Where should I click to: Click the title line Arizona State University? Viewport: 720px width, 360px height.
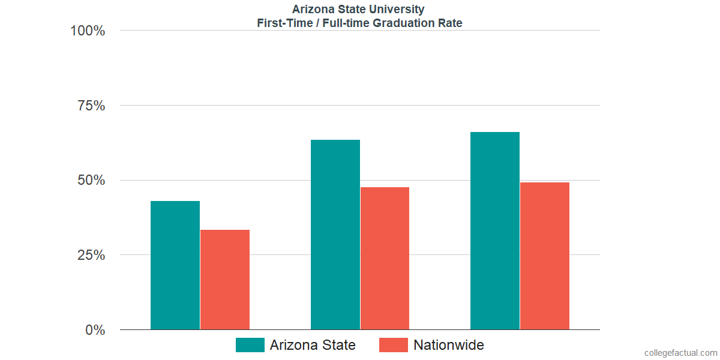358,9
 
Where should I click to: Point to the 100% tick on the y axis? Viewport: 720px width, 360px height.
88,31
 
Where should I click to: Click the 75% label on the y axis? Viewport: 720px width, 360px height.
91,106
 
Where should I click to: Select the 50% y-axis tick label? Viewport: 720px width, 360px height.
91,181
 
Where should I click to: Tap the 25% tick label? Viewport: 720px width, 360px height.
91,255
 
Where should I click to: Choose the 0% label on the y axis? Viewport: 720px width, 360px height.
95,330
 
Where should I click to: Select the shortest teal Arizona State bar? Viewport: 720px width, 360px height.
175,265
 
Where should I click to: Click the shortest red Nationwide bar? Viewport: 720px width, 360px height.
224,280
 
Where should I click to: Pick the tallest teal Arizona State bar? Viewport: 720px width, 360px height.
495,231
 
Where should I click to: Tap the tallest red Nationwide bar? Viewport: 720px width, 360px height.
545,256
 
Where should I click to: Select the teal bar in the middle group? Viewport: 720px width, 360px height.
335,235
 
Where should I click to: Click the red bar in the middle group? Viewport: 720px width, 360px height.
385,259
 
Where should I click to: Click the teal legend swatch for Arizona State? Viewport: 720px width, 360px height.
250,345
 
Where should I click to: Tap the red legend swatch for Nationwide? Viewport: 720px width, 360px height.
394,345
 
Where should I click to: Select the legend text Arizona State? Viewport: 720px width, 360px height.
312,345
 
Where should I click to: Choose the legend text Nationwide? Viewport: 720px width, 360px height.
448,345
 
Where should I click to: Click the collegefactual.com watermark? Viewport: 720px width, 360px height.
680,353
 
